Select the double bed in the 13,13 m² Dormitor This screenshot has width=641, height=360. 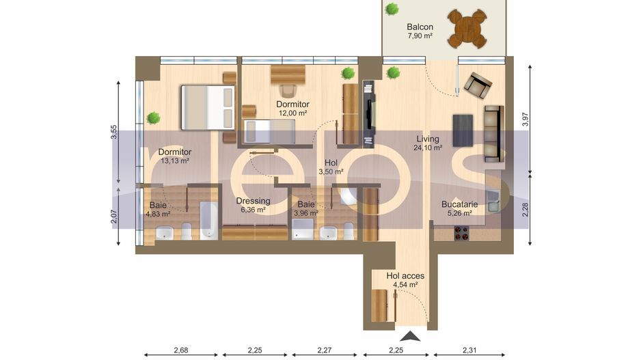[x=207, y=107]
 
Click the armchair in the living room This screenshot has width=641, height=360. [x=477, y=85]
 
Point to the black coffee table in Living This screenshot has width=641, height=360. [x=463, y=130]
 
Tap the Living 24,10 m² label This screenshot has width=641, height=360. [x=428, y=143]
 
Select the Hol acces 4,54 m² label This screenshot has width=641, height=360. [x=405, y=281]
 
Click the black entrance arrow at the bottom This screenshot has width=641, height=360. [x=411, y=335]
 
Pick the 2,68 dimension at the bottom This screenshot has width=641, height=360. [x=181, y=350]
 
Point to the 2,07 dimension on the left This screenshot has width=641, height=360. [x=113, y=217]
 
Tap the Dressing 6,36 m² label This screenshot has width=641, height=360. [x=253, y=206]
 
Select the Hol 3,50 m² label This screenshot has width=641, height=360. [x=331, y=167]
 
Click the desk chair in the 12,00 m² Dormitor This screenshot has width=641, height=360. [x=288, y=90]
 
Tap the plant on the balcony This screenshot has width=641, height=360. [x=392, y=9]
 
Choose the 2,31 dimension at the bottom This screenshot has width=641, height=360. [x=469, y=350]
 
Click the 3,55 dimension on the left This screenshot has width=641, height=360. [x=113, y=133]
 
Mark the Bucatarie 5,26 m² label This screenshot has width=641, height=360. [x=459, y=208]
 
